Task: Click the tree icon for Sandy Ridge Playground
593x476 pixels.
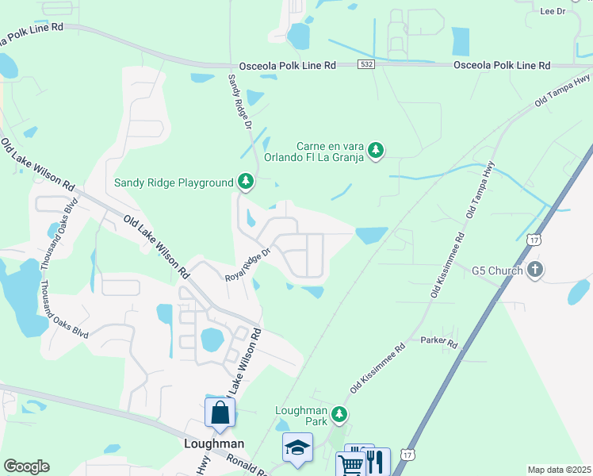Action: (x=246, y=182)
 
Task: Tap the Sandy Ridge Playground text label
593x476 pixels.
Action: (x=174, y=182)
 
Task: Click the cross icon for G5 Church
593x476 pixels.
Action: (x=535, y=271)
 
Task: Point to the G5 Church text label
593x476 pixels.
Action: (x=497, y=271)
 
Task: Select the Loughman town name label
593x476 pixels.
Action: (x=213, y=443)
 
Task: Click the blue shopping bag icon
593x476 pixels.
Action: (x=220, y=413)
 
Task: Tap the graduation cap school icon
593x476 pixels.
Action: (x=298, y=448)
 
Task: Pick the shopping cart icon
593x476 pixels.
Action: (x=350, y=463)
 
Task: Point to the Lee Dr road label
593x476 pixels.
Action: (x=553, y=11)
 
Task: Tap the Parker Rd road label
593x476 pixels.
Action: (x=441, y=344)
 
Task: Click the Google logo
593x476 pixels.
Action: (x=26, y=466)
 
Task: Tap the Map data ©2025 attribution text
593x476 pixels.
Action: (x=559, y=470)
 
